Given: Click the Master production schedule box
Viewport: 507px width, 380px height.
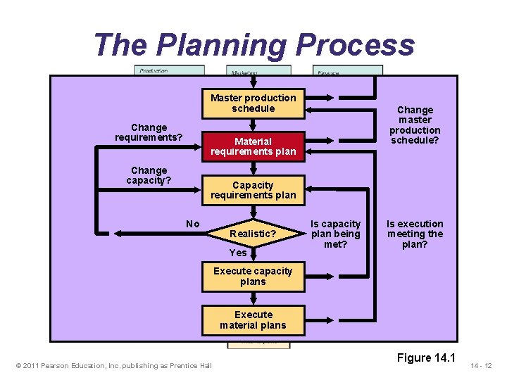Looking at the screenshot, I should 254,103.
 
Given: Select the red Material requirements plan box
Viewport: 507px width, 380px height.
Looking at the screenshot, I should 254,146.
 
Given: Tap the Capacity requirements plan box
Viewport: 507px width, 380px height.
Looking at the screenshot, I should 254,190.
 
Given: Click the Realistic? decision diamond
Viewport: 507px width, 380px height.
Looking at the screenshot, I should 254,233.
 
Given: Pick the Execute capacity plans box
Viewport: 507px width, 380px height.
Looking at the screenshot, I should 254,277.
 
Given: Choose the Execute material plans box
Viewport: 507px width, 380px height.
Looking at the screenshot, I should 254,319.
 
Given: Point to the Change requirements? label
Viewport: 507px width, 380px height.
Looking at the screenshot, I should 149,132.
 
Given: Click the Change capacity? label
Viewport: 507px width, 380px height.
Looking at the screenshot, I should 149,175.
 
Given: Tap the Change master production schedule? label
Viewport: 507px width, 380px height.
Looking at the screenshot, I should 415,125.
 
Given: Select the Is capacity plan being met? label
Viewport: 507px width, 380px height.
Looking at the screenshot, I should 336,234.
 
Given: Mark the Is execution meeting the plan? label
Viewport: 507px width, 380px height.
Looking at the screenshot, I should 415,234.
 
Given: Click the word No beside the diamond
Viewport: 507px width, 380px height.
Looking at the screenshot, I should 193,224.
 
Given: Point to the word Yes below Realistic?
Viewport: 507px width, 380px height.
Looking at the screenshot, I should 238,253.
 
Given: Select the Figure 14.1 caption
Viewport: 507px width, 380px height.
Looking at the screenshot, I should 426,357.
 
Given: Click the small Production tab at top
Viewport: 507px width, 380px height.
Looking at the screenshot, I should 169,70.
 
